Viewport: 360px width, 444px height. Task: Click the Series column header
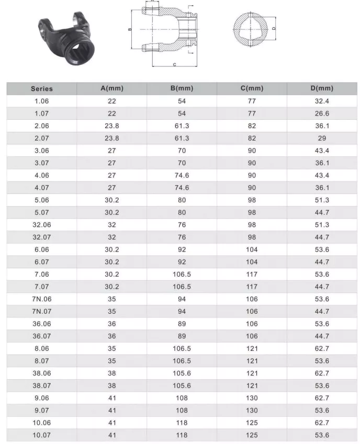click(x=42, y=89)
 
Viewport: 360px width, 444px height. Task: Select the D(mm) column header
click(x=321, y=88)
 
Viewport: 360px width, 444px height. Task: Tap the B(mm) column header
click(x=182, y=88)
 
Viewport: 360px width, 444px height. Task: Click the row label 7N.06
click(x=42, y=299)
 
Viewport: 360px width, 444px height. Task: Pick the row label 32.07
click(x=42, y=237)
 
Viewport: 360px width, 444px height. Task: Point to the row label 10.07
click(x=42, y=435)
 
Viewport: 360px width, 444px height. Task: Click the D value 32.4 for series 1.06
click(x=321, y=101)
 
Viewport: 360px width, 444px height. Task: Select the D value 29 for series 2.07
click(x=321, y=138)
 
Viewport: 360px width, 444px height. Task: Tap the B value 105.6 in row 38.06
click(x=182, y=373)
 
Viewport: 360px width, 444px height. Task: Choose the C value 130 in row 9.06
click(x=252, y=398)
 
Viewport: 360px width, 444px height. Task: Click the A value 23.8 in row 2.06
click(x=112, y=126)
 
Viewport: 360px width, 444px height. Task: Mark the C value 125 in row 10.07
click(x=252, y=435)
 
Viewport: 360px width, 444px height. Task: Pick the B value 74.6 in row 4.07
click(x=182, y=188)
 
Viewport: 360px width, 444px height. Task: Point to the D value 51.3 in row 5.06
click(x=321, y=200)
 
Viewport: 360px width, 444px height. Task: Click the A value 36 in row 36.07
click(x=112, y=336)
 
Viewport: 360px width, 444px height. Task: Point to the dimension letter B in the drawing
click(x=129, y=29)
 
